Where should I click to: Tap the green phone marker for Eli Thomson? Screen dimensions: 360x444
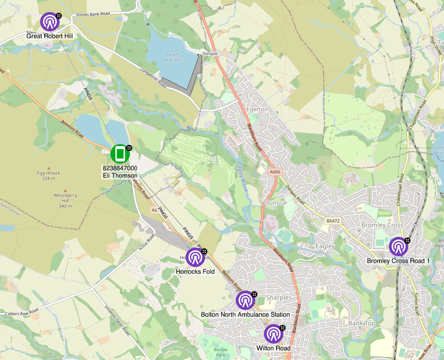click(x=120, y=154)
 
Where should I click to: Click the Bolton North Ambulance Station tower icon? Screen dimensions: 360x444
click(x=245, y=300)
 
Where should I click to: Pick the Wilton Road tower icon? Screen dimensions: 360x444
click(x=273, y=334)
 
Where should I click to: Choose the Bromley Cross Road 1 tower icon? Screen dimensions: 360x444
click(x=398, y=247)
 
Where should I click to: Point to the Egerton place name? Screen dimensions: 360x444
click(x=257, y=109)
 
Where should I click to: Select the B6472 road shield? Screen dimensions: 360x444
click(x=333, y=221)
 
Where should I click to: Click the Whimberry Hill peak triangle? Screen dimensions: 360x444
click(x=65, y=190)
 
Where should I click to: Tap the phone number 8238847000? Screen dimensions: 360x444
click(x=120, y=168)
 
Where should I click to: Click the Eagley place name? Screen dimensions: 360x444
click(x=325, y=246)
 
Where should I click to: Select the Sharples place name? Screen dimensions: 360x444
click(x=278, y=298)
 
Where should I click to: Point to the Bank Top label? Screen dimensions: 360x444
click(x=361, y=323)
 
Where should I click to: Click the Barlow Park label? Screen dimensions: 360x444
click(x=221, y=353)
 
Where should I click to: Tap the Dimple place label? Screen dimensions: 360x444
click(x=209, y=53)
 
